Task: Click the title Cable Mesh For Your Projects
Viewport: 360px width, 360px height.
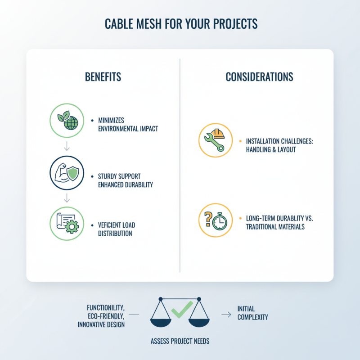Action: pos(180,23)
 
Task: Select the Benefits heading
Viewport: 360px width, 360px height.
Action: pos(103,77)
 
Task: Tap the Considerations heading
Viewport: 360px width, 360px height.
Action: pos(259,77)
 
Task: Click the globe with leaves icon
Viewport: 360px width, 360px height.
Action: pos(66,120)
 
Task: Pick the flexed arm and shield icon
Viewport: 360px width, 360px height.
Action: pos(66,173)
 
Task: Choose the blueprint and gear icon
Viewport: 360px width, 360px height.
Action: pos(66,224)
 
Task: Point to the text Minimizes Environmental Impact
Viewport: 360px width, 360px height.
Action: pos(128,125)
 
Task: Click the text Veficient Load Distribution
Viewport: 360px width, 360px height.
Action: pos(117,229)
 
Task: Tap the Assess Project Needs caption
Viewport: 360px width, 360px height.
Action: pos(180,341)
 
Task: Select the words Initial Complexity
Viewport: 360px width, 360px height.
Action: pos(252,313)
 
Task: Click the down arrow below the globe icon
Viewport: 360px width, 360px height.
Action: pos(66,145)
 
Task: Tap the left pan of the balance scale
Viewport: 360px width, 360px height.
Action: pos(160,322)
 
